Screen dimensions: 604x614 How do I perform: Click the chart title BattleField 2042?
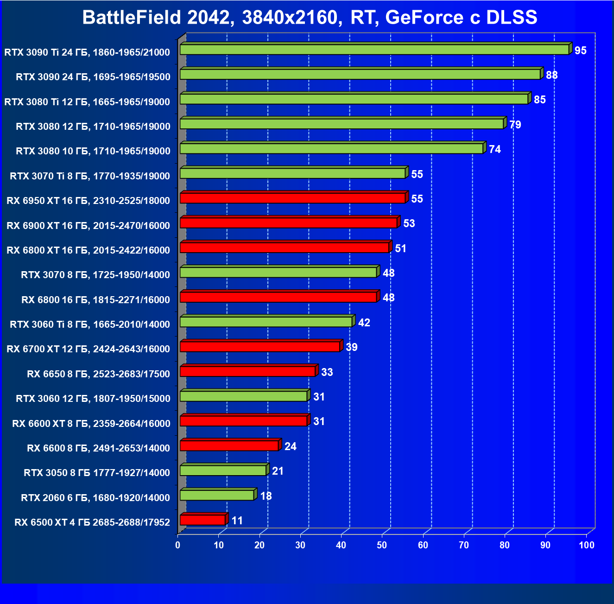(x=310, y=18)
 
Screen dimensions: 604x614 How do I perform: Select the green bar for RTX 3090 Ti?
(x=374, y=50)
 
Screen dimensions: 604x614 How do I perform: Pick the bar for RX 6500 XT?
(x=203, y=520)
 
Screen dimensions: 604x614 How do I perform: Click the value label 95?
(x=580, y=51)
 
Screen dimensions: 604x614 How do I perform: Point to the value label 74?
(x=494, y=149)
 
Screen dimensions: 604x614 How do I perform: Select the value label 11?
(x=237, y=521)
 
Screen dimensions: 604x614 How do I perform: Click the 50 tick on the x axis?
(x=382, y=545)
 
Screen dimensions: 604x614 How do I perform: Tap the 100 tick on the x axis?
(x=586, y=545)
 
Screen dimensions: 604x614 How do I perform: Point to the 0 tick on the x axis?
(x=178, y=545)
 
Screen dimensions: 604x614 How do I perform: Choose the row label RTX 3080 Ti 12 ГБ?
(x=87, y=102)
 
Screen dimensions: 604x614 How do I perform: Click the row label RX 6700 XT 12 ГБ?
(x=88, y=349)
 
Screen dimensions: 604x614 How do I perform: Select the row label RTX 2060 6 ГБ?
(x=95, y=498)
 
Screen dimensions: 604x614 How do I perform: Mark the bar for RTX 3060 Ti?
(x=266, y=322)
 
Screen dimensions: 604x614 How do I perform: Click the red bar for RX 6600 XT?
(x=243, y=421)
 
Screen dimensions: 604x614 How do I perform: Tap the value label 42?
(x=364, y=323)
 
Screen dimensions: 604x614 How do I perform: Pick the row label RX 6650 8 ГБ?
(x=98, y=374)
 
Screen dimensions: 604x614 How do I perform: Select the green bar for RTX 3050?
(x=223, y=470)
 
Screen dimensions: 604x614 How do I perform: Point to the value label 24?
(x=290, y=446)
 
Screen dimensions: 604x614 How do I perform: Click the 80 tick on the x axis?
(x=504, y=545)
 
